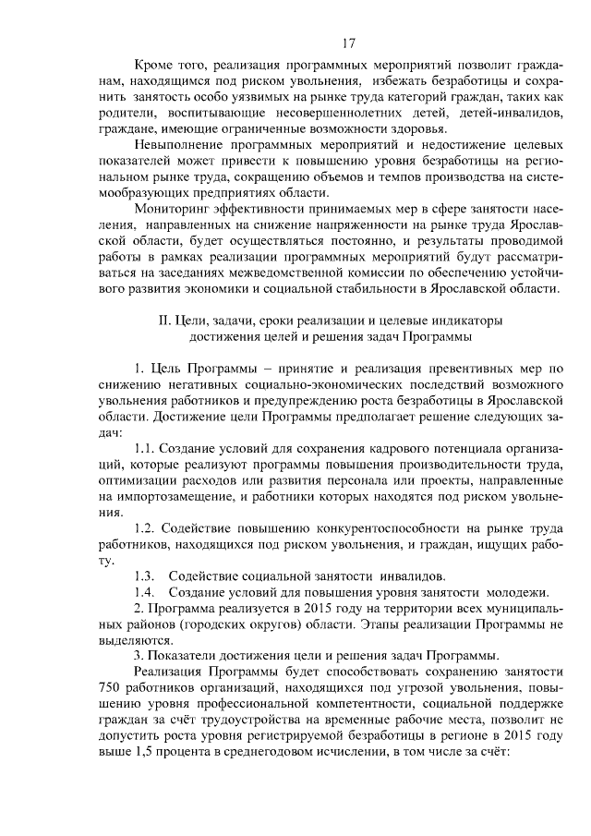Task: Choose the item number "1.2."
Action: click(147, 528)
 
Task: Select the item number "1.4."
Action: click(146, 592)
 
